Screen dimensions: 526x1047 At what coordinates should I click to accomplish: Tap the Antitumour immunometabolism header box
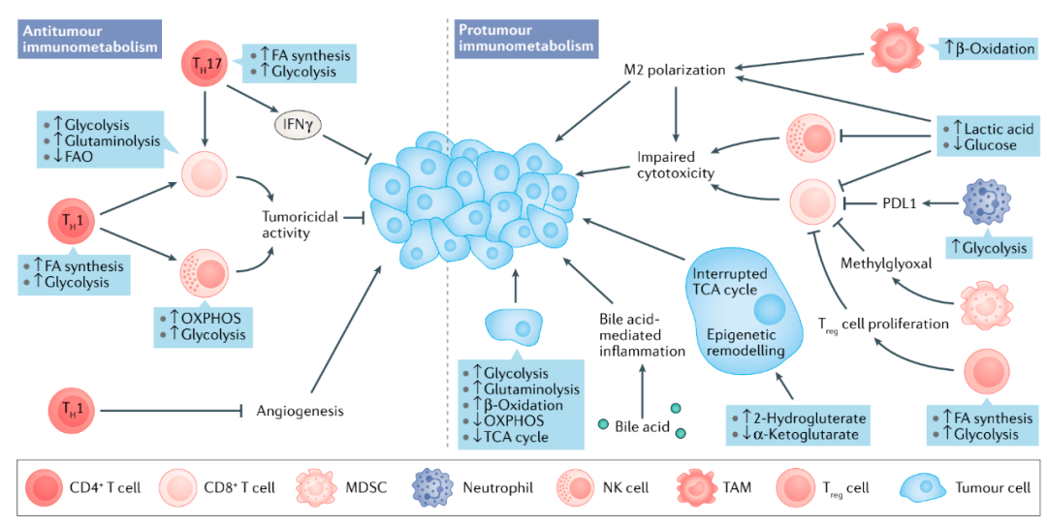(89, 38)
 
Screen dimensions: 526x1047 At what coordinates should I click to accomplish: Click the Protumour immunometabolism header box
(524, 38)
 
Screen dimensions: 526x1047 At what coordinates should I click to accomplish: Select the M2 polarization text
(675, 70)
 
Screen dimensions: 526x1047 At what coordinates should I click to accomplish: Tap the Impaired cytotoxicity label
(676, 165)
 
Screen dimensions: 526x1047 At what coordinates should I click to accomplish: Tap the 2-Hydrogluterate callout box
(798, 426)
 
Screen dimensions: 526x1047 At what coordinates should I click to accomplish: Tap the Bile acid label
(641, 426)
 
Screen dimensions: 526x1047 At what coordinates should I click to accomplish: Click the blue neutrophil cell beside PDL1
(990, 202)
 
